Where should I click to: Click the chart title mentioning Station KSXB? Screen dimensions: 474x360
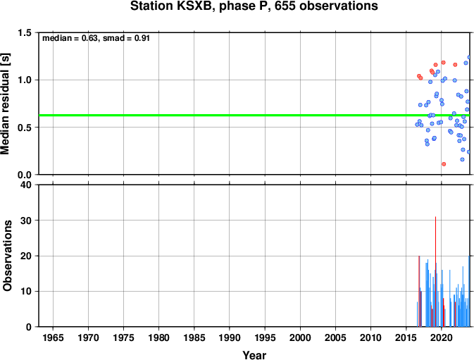click(x=254, y=6)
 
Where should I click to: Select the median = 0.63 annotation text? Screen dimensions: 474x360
click(x=70, y=38)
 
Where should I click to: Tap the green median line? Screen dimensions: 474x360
click(x=254, y=115)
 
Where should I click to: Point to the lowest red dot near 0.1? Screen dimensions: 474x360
click(x=444, y=164)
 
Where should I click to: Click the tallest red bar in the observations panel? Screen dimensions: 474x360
click(x=435, y=271)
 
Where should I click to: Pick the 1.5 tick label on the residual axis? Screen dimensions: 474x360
click(x=25, y=32)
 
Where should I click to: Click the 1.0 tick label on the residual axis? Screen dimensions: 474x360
click(x=25, y=80)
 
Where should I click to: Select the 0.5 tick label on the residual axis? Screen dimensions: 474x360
click(x=25, y=128)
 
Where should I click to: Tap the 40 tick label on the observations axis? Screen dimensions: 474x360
click(x=26, y=185)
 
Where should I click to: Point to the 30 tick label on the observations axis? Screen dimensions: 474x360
click(x=26, y=221)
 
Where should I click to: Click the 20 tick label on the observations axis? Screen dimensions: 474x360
click(x=26, y=256)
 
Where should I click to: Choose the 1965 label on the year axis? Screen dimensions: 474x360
click(x=54, y=337)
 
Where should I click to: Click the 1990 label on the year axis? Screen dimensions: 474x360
click(x=230, y=337)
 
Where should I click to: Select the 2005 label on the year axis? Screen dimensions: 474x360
click(x=335, y=337)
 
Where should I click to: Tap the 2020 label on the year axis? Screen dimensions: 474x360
click(x=442, y=337)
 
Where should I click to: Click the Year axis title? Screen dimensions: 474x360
click(x=254, y=355)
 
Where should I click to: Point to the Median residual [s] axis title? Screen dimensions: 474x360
click(x=6, y=104)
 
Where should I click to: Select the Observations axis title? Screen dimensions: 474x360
click(x=7, y=256)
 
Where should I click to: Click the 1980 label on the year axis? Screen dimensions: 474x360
click(x=159, y=337)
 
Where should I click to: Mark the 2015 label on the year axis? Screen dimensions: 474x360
click(x=406, y=337)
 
